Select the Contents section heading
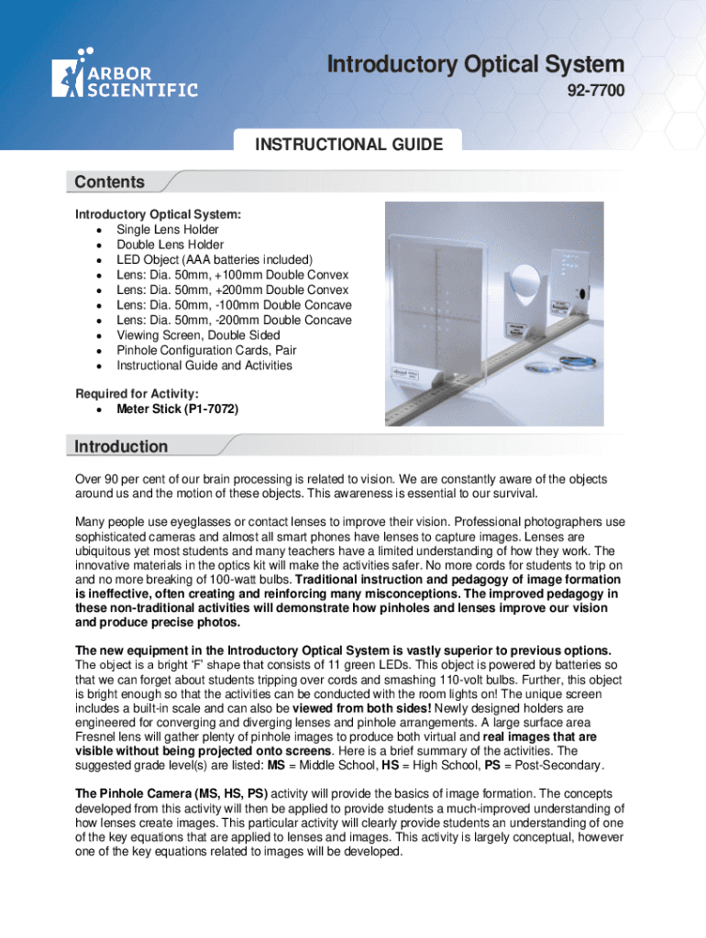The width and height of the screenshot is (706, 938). point(109,182)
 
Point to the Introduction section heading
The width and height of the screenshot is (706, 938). point(121,447)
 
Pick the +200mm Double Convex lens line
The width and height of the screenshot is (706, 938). point(233,290)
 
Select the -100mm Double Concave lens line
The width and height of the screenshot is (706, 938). point(234,305)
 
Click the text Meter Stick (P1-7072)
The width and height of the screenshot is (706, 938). point(177,409)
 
